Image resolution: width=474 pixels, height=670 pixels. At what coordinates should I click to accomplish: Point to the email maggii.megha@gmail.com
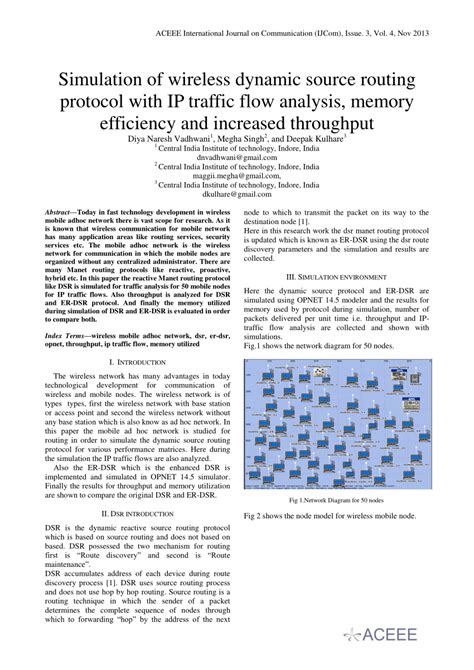point(236,176)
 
